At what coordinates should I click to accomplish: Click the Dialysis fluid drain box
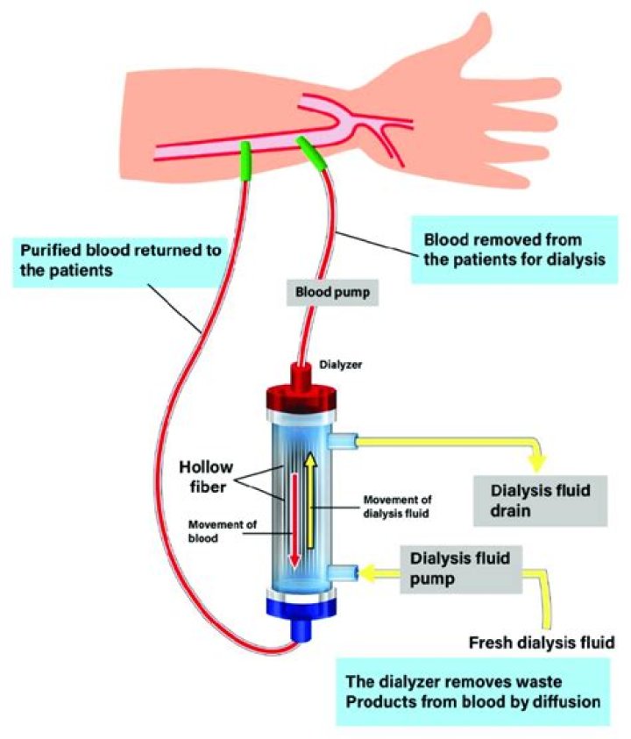pyautogui.click(x=538, y=500)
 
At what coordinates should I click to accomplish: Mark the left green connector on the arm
pyautogui.click(x=247, y=161)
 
